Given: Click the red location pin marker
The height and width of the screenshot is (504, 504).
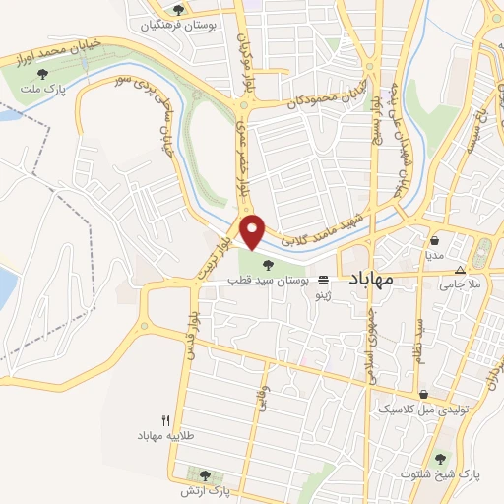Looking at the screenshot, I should tap(253, 231).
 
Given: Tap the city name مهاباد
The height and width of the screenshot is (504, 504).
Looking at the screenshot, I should tap(370, 279).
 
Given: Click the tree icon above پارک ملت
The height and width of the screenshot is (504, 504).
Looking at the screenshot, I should tap(41, 73).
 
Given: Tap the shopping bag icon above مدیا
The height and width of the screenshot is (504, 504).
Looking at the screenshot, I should tap(434, 239).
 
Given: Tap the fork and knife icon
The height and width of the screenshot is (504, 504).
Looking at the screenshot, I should tap(165, 420).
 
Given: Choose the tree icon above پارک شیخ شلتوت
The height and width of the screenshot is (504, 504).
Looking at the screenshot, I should tap(440, 458).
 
